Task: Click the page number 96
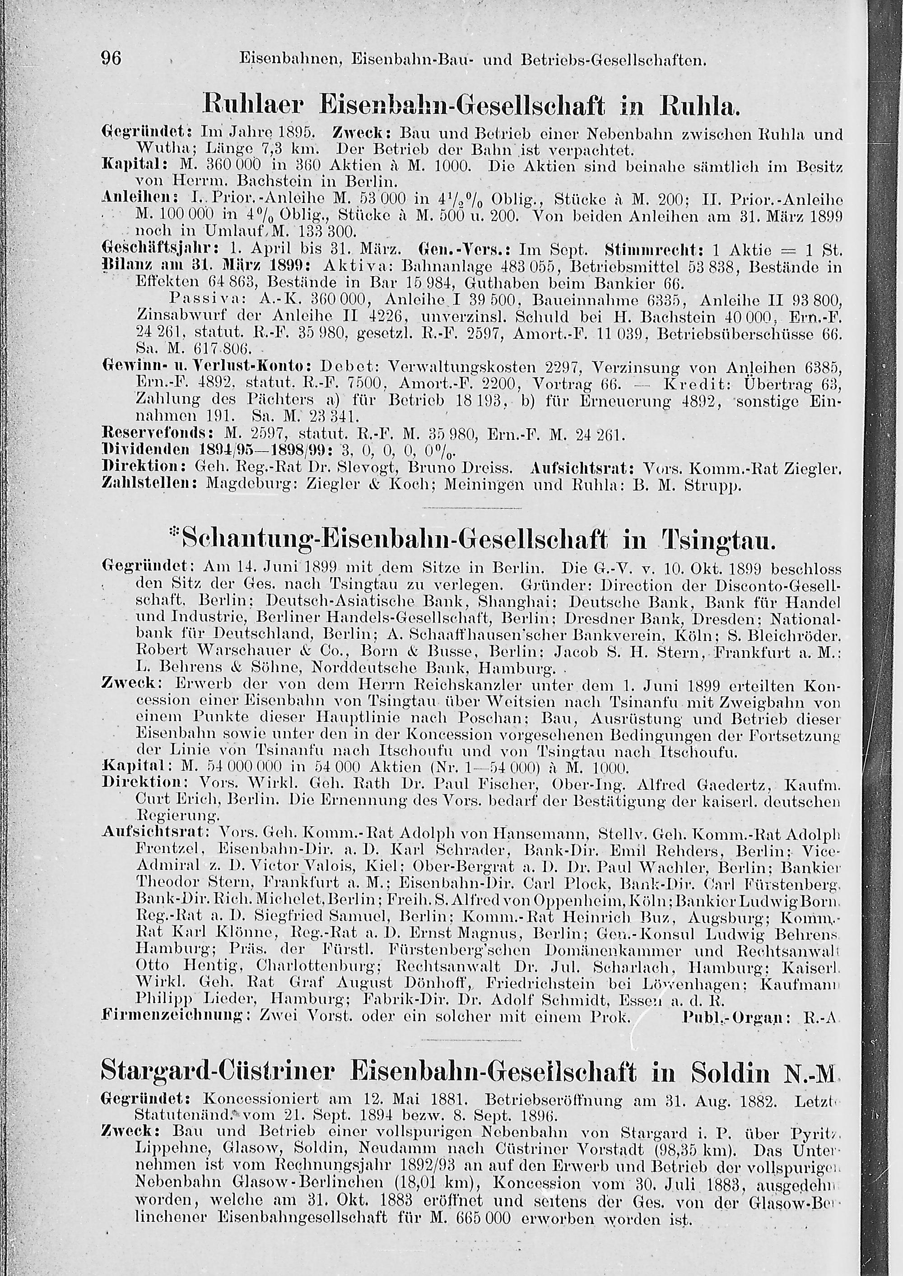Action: pyautogui.click(x=111, y=57)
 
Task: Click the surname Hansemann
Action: pyautogui.click(x=534, y=833)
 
